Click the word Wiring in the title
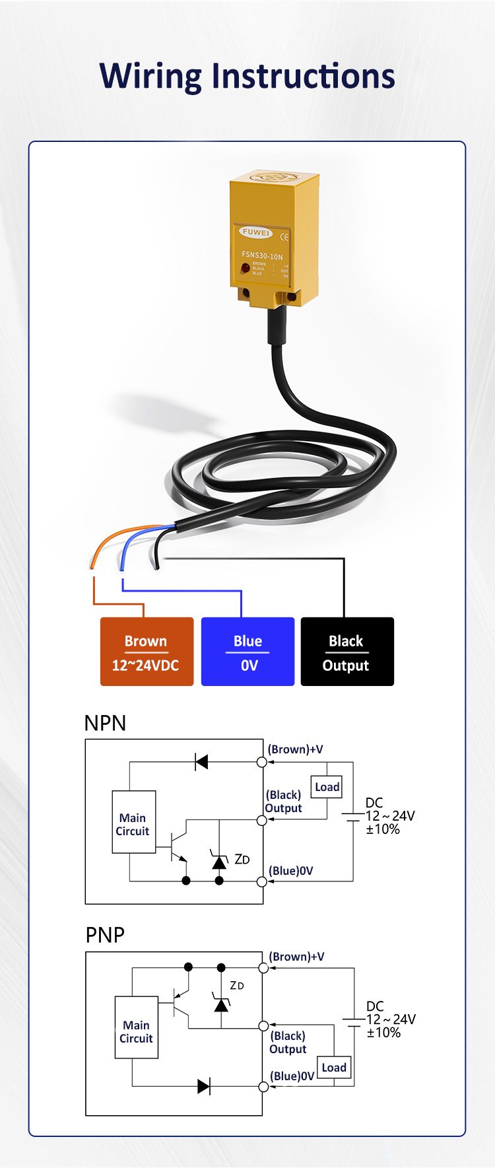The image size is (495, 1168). click(150, 77)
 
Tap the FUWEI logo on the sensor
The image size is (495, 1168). click(255, 232)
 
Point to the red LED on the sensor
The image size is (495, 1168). click(246, 267)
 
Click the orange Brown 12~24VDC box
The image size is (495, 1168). click(147, 652)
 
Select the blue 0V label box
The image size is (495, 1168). click(247, 652)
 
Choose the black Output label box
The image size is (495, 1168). click(347, 652)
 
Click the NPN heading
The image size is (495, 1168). click(105, 723)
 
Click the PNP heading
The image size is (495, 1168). click(105, 935)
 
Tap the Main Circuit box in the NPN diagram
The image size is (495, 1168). click(133, 822)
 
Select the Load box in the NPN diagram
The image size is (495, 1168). click(327, 787)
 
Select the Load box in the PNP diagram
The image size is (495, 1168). click(334, 1068)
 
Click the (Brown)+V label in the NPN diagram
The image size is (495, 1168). click(295, 749)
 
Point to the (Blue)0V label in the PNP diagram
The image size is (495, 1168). click(292, 1076)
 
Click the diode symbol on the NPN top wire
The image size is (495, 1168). click(201, 763)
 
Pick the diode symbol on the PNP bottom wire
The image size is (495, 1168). click(204, 1086)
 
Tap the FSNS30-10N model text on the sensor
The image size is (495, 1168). click(262, 256)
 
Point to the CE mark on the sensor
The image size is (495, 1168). click(284, 236)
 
